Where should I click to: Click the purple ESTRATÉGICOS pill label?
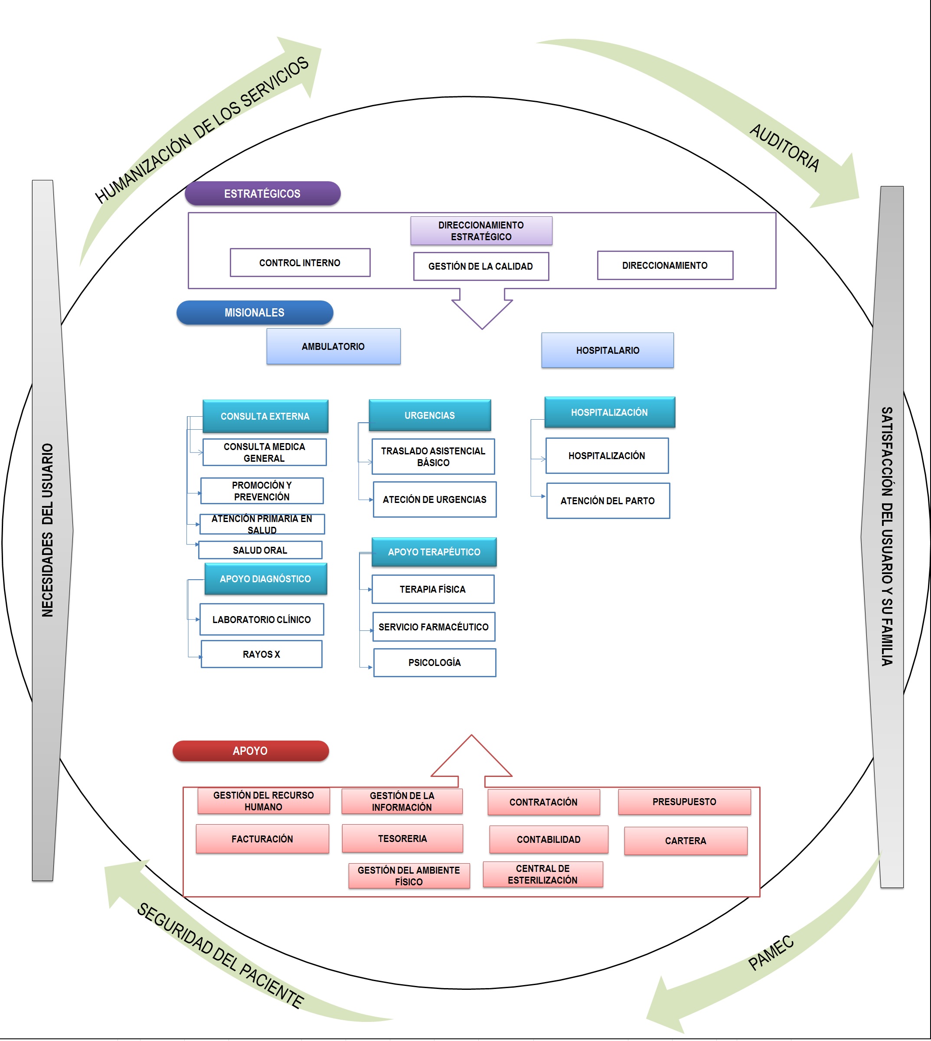[x=262, y=194]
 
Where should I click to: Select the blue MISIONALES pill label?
[x=255, y=313]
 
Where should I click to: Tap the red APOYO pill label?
[x=251, y=751]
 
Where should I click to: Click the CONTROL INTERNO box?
[x=300, y=263]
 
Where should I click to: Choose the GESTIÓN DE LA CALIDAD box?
[x=481, y=267]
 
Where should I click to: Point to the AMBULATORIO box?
[x=333, y=346]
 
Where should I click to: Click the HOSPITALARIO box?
[x=608, y=350]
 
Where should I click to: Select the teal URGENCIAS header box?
[x=430, y=415]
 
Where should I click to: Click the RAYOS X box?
[x=261, y=654]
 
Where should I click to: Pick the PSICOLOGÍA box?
[x=435, y=662]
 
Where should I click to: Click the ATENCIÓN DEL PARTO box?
[x=608, y=501]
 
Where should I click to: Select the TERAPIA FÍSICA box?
[x=433, y=589]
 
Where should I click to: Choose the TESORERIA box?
[x=402, y=839]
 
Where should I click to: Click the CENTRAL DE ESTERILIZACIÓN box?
[x=543, y=874]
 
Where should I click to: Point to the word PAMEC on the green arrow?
[x=771, y=953]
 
